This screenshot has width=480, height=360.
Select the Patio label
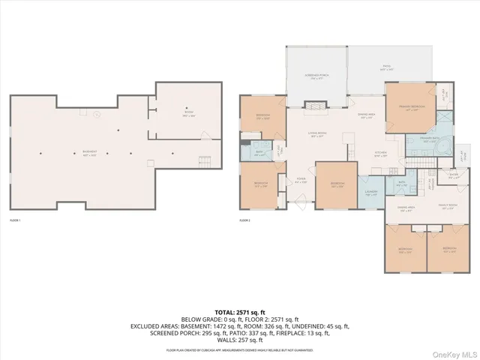tap(387, 67)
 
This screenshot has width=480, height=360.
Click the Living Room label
tap(319, 135)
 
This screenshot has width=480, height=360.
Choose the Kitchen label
tap(361, 154)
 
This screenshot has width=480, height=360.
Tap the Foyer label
tap(301, 181)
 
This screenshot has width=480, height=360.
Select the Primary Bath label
tap(419, 139)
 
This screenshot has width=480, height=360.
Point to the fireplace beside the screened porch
tap(316, 107)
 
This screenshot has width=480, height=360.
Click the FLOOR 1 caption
tap(16, 220)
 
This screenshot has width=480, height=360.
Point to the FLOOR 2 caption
tap(245, 220)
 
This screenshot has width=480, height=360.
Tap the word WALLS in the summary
tap(217, 338)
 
